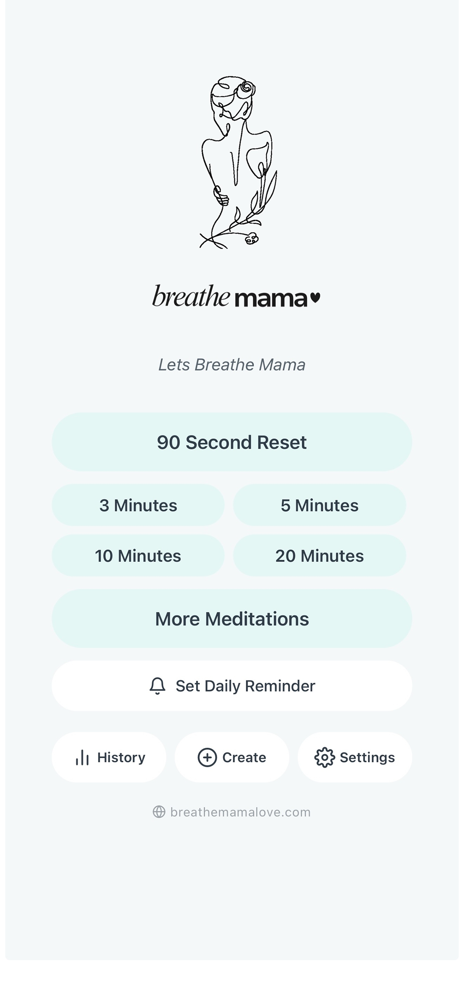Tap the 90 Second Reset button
(x=232, y=442)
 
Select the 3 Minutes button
(x=138, y=505)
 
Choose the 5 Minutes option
(x=320, y=505)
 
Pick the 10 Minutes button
(x=138, y=556)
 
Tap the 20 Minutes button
(x=320, y=556)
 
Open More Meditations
(x=232, y=618)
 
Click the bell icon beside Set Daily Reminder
(x=158, y=686)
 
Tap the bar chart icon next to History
(x=82, y=757)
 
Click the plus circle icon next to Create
(x=207, y=757)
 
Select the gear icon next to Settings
(x=324, y=757)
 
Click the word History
(x=121, y=757)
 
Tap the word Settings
(x=367, y=757)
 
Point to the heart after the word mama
(x=315, y=298)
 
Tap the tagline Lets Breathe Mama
(x=232, y=365)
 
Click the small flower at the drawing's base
(x=251, y=238)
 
